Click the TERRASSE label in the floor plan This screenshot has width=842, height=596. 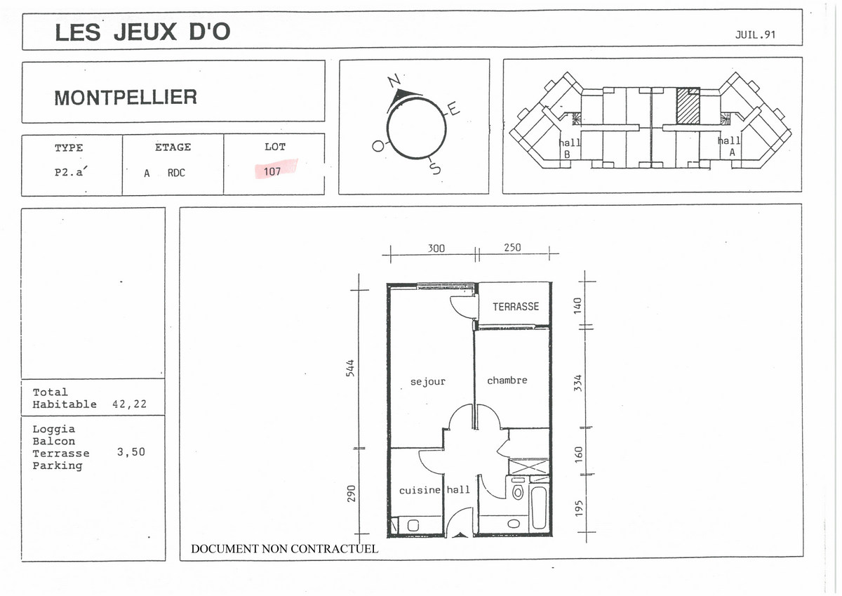[x=516, y=307]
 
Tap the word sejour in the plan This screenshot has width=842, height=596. [x=428, y=382]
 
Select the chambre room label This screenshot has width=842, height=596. [x=507, y=380]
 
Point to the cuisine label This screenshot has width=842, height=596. [x=420, y=490]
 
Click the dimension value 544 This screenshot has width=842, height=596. [x=350, y=368]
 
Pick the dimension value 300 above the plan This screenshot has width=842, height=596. [x=436, y=249]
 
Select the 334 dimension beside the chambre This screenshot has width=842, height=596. [x=578, y=383]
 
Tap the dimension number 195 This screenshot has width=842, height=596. [x=579, y=508]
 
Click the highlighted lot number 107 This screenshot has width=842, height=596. [x=272, y=171]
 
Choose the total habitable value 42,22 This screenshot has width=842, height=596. [x=129, y=404]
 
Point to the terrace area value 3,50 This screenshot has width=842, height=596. [x=131, y=451]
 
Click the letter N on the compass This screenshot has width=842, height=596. [x=394, y=81]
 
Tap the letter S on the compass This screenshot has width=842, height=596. [x=435, y=168]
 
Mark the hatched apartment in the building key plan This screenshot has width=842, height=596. [x=688, y=106]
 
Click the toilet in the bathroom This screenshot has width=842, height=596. [x=518, y=489]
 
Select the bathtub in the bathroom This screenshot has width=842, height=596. [x=540, y=508]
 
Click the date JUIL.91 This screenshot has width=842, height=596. [x=755, y=34]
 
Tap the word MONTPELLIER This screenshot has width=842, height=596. [x=126, y=98]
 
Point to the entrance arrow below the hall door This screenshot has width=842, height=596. [x=460, y=535]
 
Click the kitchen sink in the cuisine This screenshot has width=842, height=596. [x=413, y=525]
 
